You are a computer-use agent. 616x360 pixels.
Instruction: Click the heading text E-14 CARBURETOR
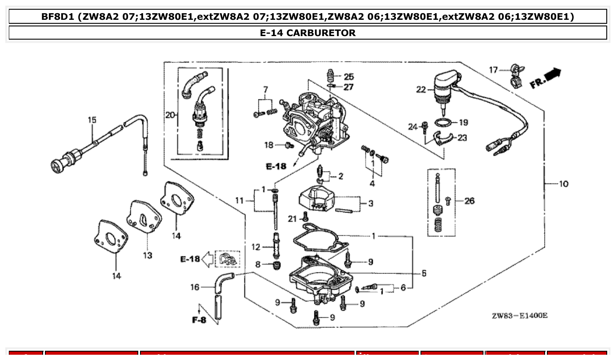pyautogui.click(x=308, y=33)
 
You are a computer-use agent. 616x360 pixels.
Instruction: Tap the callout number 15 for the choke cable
pyautogui.click(x=92, y=120)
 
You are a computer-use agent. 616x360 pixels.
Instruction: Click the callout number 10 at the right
pyautogui.click(x=563, y=184)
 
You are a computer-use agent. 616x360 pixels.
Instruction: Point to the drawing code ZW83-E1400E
pyautogui.click(x=520, y=316)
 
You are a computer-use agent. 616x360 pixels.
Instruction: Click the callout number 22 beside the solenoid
pyautogui.click(x=421, y=90)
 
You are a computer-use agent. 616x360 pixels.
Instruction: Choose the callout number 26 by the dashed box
pyautogui.click(x=469, y=201)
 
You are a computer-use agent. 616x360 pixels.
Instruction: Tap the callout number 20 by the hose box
pyautogui.click(x=170, y=115)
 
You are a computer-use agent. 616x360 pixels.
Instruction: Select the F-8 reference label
pyautogui.click(x=199, y=320)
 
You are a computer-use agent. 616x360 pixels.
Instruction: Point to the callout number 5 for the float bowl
pyautogui.click(x=424, y=273)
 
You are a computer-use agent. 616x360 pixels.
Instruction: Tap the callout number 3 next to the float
pyautogui.click(x=371, y=203)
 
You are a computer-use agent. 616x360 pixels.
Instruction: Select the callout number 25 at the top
pyautogui.click(x=349, y=77)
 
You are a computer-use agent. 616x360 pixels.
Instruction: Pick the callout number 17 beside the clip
pyautogui.click(x=494, y=70)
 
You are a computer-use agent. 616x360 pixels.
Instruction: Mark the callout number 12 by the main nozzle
pyautogui.click(x=256, y=247)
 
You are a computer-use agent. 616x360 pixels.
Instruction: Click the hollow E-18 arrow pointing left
pyautogui.click(x=206, y=259)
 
